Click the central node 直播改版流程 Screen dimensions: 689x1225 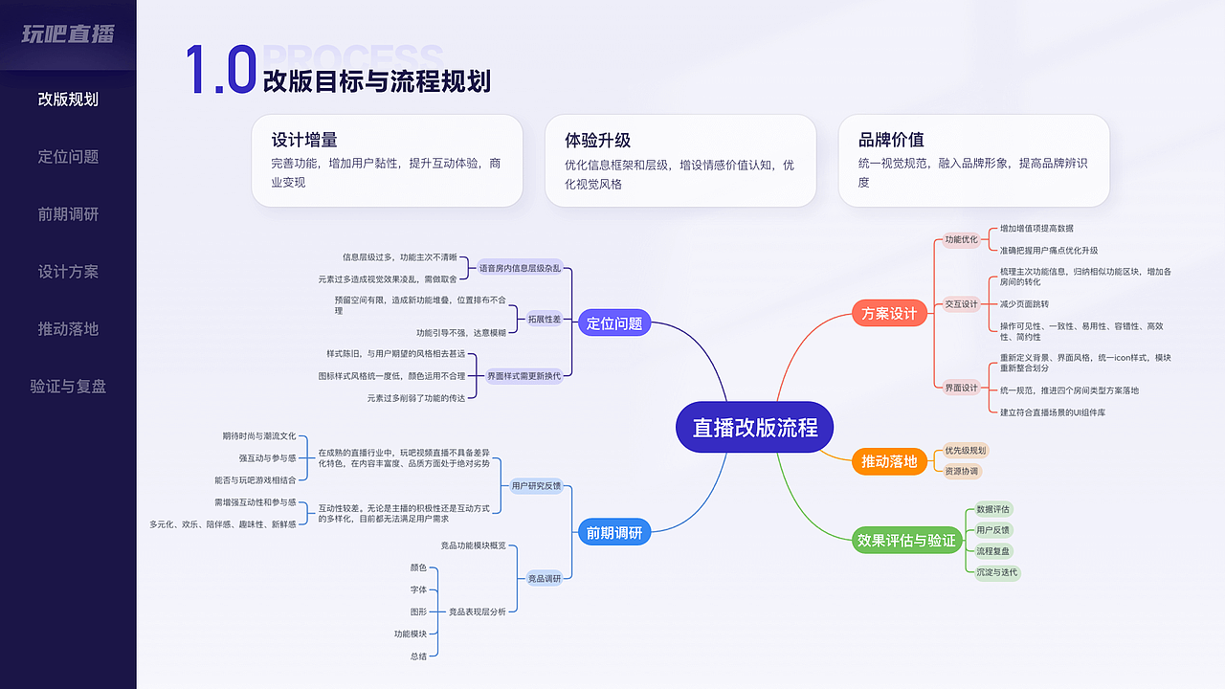pos(755,427)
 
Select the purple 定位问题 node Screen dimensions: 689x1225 pos(614,323)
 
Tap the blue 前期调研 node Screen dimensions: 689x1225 pos(614,532)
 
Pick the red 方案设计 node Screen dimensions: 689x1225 pos(889,313)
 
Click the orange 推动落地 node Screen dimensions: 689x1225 pos(889,461)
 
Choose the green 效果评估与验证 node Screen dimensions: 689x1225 pos(906,540)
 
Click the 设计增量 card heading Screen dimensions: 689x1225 pos(304,140)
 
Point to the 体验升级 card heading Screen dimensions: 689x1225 pos(598,140)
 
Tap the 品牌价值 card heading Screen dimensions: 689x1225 pos(891,140)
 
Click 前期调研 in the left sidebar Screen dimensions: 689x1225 pos(68,214)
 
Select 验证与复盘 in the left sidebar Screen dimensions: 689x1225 pos(68,387)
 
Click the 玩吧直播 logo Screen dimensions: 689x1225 pos(68,34)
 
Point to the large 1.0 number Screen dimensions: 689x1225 pos(220,70)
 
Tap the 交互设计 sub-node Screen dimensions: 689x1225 pos(962,303)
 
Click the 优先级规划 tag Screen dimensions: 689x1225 pos(965,450)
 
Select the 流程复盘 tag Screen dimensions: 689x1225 pos(993,551)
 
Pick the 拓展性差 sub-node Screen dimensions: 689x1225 pos(545,319)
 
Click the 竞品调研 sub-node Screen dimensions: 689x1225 pos(545,578)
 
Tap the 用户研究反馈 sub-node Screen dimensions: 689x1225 pos(537,485)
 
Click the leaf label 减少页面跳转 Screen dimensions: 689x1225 pos(1024,303)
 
